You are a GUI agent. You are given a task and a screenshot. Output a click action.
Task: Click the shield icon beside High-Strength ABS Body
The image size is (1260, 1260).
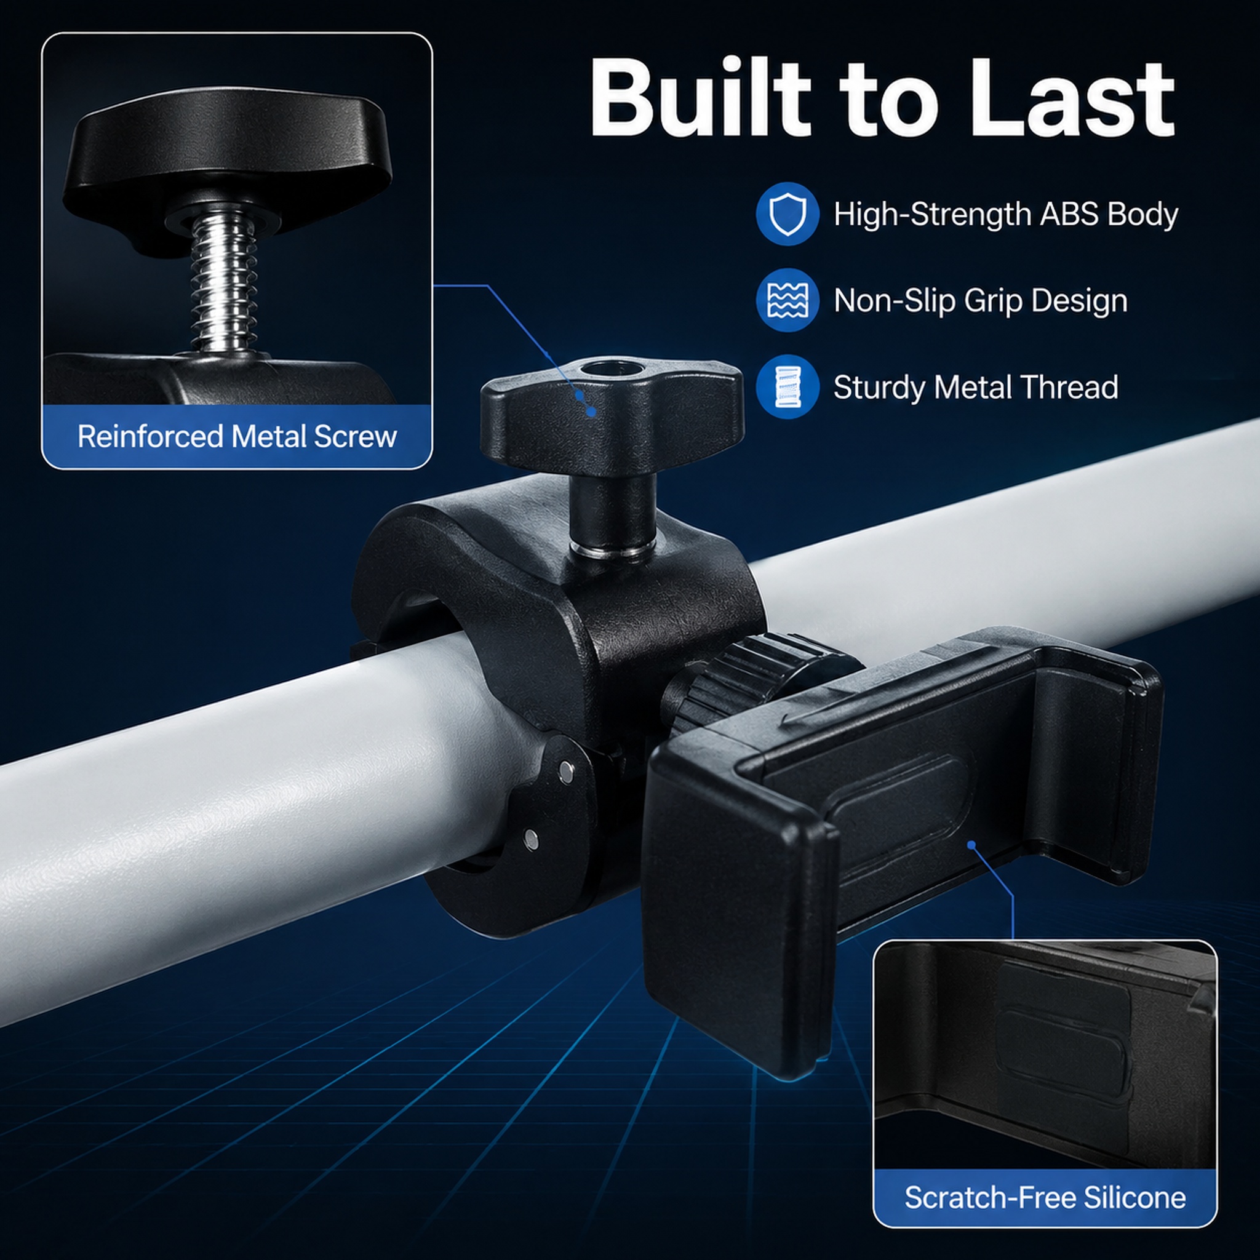pyautogui.click(x=787, y=213)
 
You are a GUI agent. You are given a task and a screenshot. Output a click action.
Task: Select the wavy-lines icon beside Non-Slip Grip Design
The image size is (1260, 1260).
pyautogui.click(x=787, y=300)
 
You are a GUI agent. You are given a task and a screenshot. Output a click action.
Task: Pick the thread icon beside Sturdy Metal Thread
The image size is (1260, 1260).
pyautogui.click(x=787, y=386)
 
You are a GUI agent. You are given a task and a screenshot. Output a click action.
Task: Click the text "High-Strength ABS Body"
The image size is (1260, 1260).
pyautogui.click(x=1006, y=214)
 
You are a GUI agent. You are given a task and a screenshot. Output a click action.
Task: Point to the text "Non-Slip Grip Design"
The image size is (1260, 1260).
pyautogui.click(x=980, y=301)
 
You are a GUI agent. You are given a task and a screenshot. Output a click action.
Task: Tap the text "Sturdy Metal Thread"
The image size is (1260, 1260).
pyautogui.click(x=976, y=387)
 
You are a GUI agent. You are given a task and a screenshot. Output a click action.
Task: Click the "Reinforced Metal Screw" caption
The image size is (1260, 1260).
pyautogui.click(x=237, y=436)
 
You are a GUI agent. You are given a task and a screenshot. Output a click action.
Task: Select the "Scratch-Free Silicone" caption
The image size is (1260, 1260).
pyautogui.click(x=1045, y=1197)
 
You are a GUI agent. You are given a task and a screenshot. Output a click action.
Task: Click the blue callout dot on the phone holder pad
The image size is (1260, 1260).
pyautogui.click(x=971, y=845)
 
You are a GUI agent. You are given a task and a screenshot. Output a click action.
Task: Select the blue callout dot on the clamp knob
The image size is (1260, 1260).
pyautogui.click(x=591, y=411)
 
